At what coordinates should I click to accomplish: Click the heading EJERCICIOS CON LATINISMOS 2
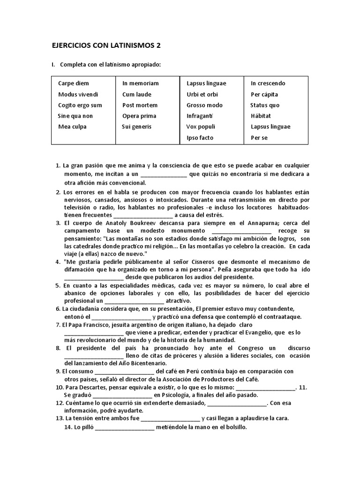click(109, 45)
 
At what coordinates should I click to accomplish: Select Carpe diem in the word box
click(73, 83)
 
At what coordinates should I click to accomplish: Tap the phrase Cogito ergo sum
click(80, 105)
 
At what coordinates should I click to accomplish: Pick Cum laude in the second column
click(137, 94)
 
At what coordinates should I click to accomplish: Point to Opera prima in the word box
click(139, 116)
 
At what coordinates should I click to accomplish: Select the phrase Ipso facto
click(200, 138)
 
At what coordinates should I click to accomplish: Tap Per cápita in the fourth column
click(264, 94)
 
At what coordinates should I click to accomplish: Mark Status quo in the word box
click(265, 105)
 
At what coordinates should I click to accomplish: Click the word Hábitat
click(261, 116)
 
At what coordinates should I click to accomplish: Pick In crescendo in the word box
click(268, 83)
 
